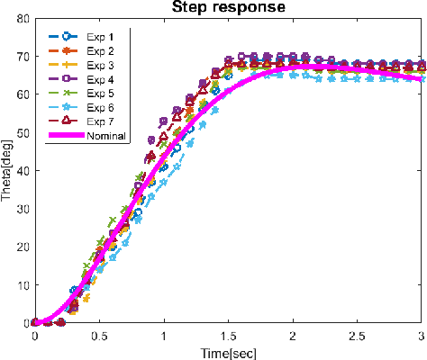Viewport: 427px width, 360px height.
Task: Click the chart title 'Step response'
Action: (229, 9)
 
